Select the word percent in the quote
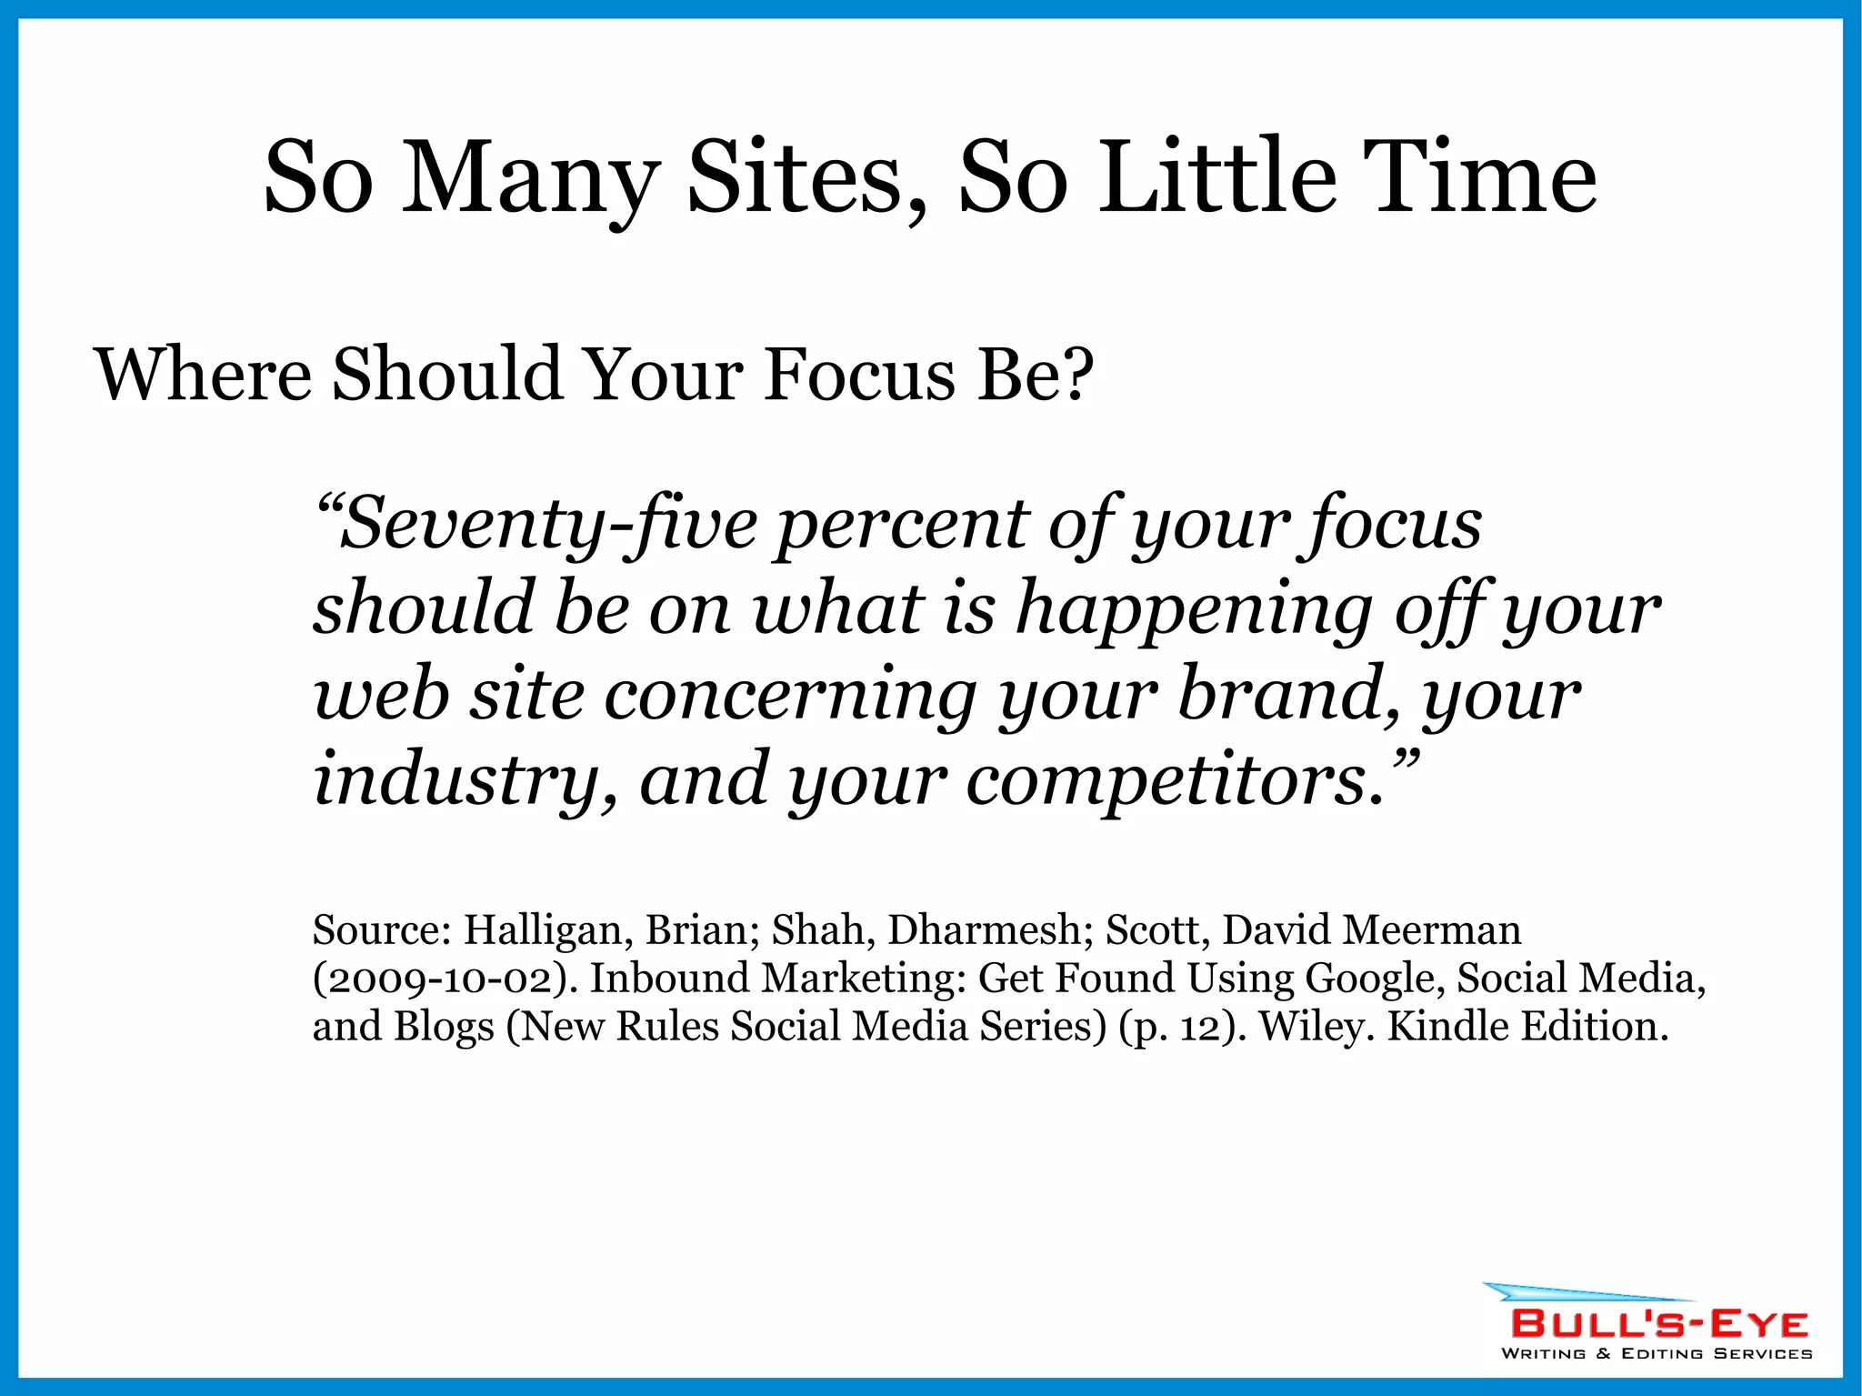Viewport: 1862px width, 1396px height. [x=899, y=525]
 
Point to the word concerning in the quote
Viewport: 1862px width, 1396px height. [x=790, y=695]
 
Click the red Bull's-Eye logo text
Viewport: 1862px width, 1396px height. [x=1659, y=1323]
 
